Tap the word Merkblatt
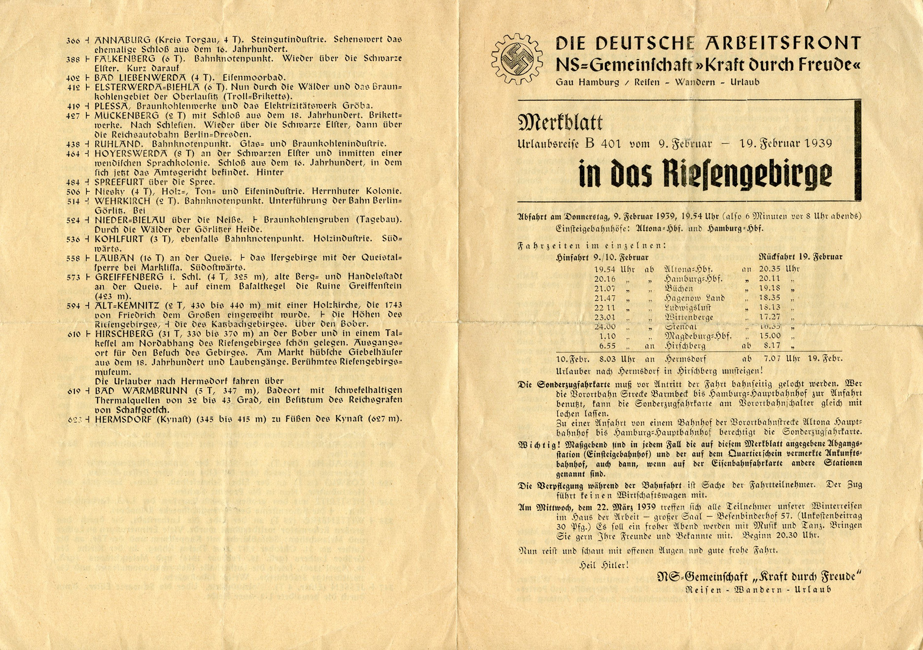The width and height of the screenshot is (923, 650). click(560, 123)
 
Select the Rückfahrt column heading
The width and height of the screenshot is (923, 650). click(776, 257)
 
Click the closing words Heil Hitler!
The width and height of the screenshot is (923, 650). click(604, 565)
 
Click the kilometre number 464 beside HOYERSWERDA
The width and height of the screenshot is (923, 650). click(73, 154)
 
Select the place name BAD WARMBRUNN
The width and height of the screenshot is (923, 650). click(131, 391)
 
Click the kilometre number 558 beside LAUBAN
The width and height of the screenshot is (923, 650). click(73, 258)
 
